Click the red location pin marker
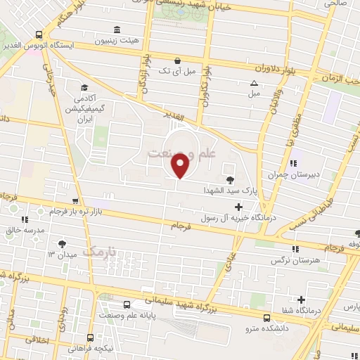(180, 165)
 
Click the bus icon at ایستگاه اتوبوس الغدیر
(38, 34)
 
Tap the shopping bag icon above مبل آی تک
(179, 60)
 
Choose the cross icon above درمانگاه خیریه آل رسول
(239, 207)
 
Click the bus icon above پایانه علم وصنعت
(127, 306)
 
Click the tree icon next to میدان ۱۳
(63, 244)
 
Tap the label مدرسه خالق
(25, 229)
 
